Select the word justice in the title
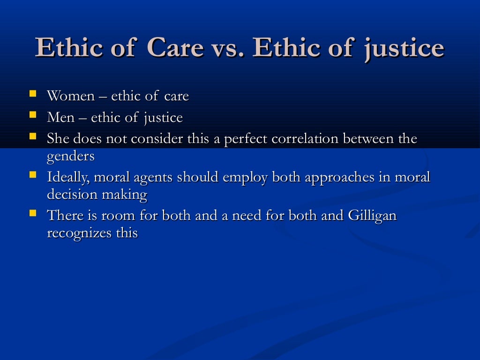[x=403, y=49]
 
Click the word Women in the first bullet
[x=71, y=96]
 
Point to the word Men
[x=60, y=117]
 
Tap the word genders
[x=70, y=157]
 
